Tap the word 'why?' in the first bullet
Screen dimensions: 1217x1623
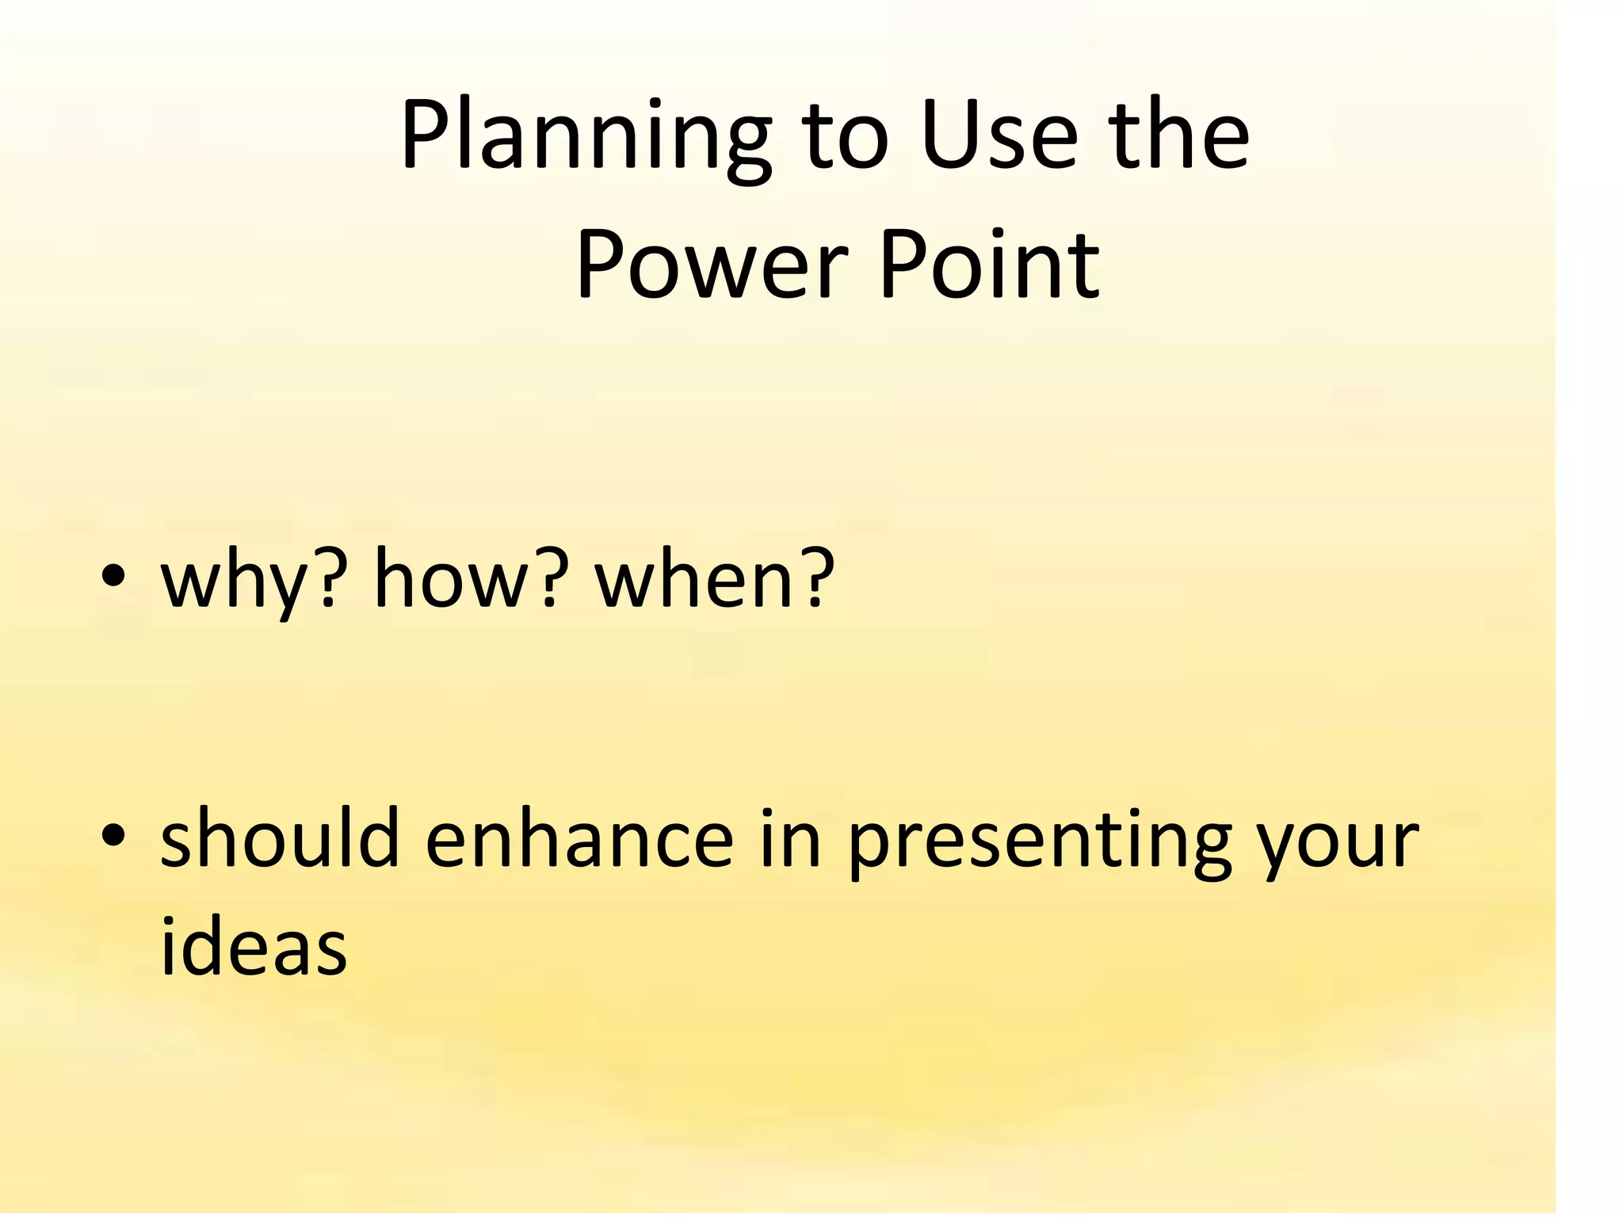pyautogui.click(x=254, y=580)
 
